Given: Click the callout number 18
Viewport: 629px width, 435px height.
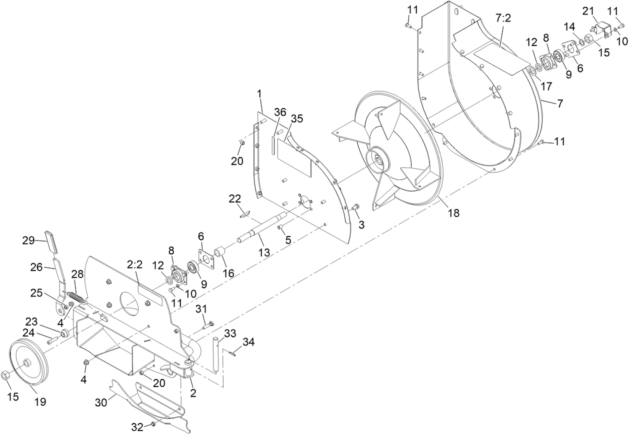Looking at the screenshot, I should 453,212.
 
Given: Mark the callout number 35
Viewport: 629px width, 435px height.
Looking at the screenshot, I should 297,119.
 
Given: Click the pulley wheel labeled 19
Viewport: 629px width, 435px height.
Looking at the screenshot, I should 27,362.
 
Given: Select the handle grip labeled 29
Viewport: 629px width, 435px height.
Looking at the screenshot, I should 51,243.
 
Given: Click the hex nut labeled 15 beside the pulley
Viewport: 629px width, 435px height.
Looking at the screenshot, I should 6,374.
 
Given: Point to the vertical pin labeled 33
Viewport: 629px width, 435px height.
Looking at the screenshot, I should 216,354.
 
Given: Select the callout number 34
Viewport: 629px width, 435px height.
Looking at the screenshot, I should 248,342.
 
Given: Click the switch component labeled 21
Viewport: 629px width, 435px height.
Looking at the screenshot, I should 602,30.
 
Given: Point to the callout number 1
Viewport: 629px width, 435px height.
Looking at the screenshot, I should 259,93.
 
